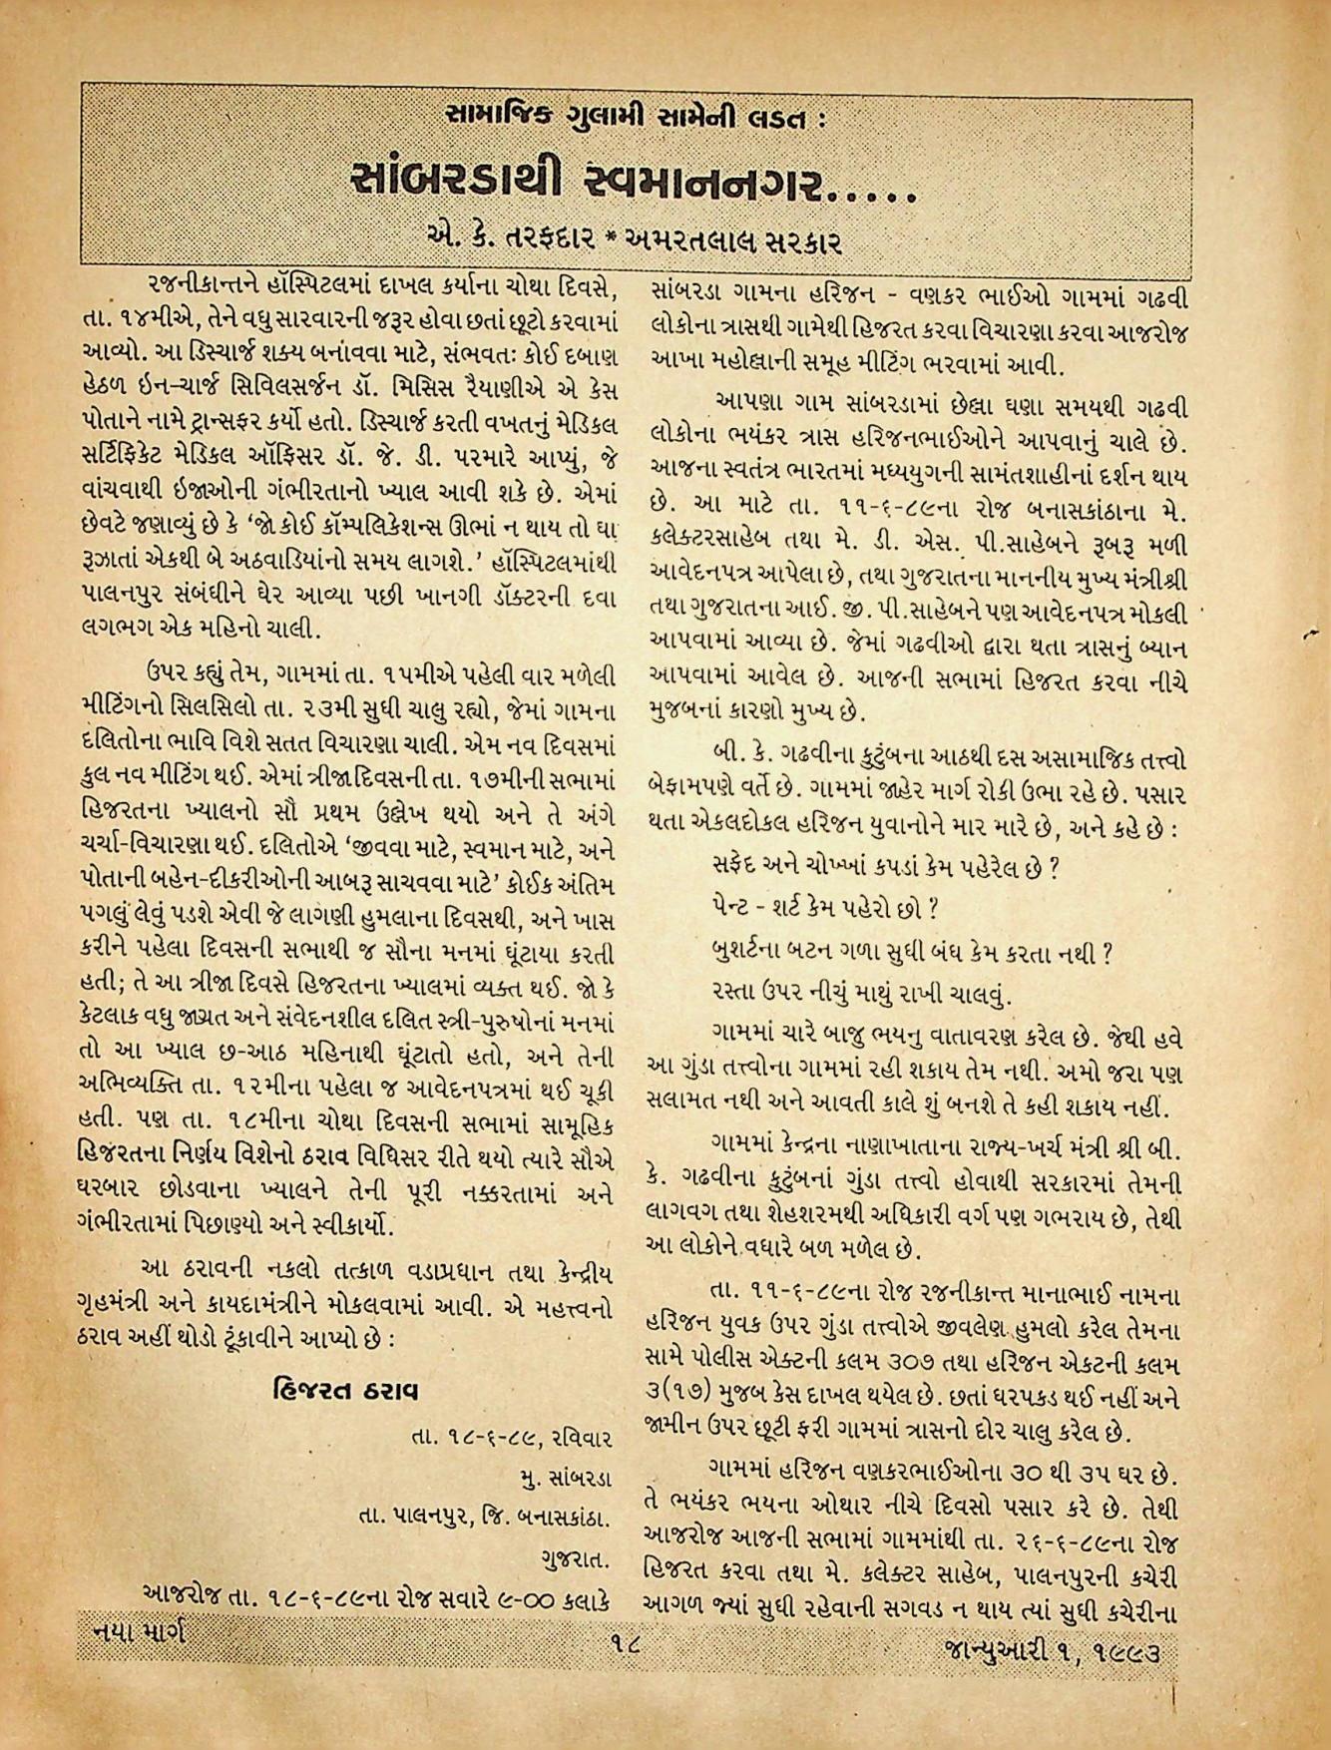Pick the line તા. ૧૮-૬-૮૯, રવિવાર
(x=508, y=1439)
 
